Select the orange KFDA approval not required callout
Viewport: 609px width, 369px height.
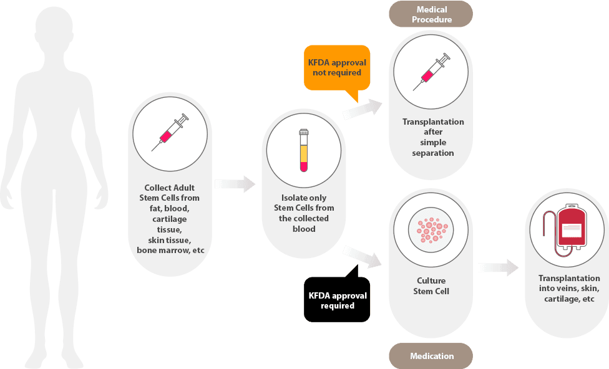coord(337,67)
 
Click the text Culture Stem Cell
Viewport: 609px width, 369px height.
coord(431,285)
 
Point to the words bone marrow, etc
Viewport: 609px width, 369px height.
coord(170,251)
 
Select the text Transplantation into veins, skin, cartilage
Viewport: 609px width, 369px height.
coord(567,289)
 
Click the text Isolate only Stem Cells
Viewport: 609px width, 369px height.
coord(304,203)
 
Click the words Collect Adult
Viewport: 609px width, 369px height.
coord(170,188)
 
